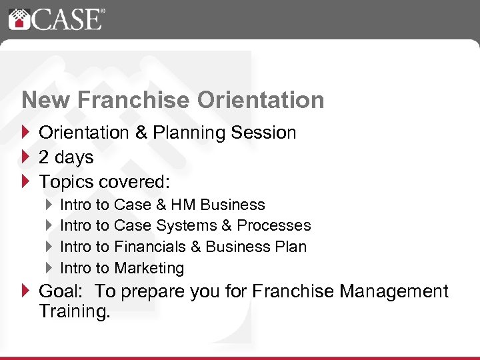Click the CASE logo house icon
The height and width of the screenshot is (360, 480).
pyautogui.click(x=19, y=19)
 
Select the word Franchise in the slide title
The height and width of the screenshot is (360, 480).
pyautogui.click(x=137, y=100)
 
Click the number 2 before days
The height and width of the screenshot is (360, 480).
pyautogui.click(x=44, y=158)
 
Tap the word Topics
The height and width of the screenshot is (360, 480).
pyautogui.click(x=65, y=181)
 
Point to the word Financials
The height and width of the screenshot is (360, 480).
pyautogui.click(x=150, y=247)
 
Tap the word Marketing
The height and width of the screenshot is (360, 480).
pyautogui.click(x=149, y=268)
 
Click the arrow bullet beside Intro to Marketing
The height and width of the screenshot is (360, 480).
pyautogui.click(x=49, y=268)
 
